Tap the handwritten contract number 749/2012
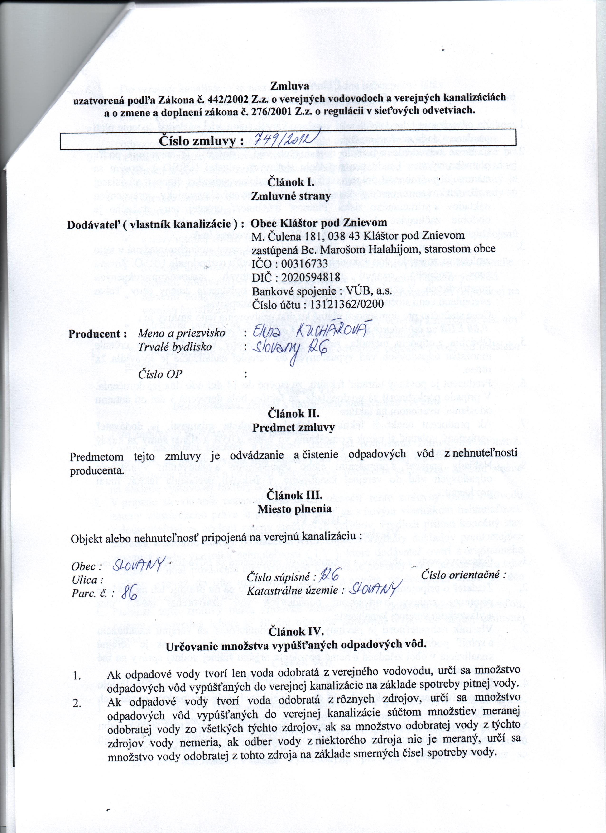287,140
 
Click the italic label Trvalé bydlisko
175,347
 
